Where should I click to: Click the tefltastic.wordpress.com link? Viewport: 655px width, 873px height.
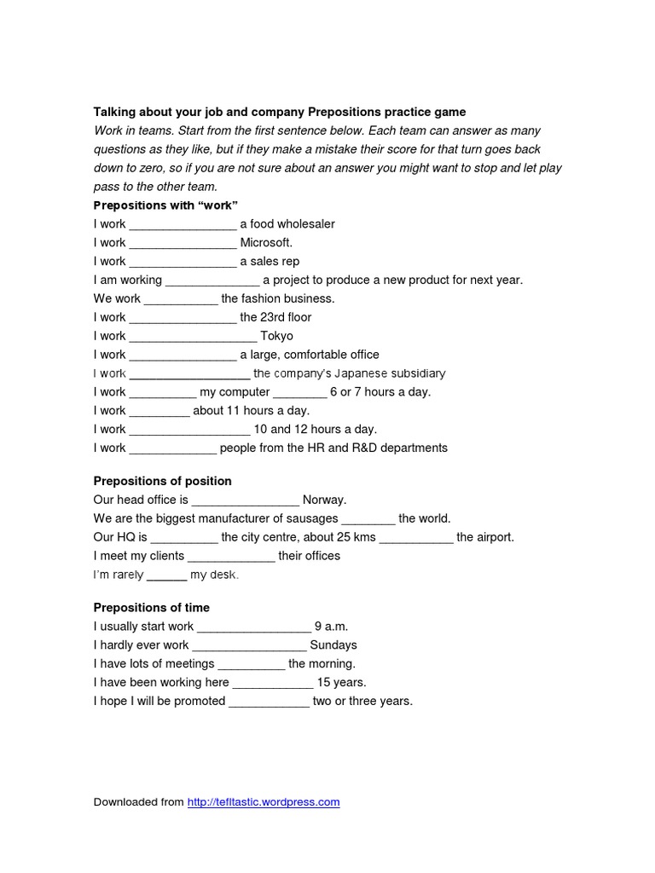[264, 802]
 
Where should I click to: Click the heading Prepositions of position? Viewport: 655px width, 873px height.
[162, 481]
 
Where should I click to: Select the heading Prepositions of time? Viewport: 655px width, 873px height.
[151, 608]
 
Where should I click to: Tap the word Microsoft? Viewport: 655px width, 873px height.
[266, 243]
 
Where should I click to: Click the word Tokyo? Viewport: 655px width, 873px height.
[276, 336]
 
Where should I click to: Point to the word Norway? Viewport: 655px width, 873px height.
[325, 500]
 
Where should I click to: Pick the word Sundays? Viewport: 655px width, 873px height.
[333, 645]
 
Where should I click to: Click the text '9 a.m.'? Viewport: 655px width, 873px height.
[332, 627]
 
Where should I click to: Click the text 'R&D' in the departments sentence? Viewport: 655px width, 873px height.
[368, 448]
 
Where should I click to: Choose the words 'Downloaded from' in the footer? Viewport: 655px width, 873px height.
[138, 802]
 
